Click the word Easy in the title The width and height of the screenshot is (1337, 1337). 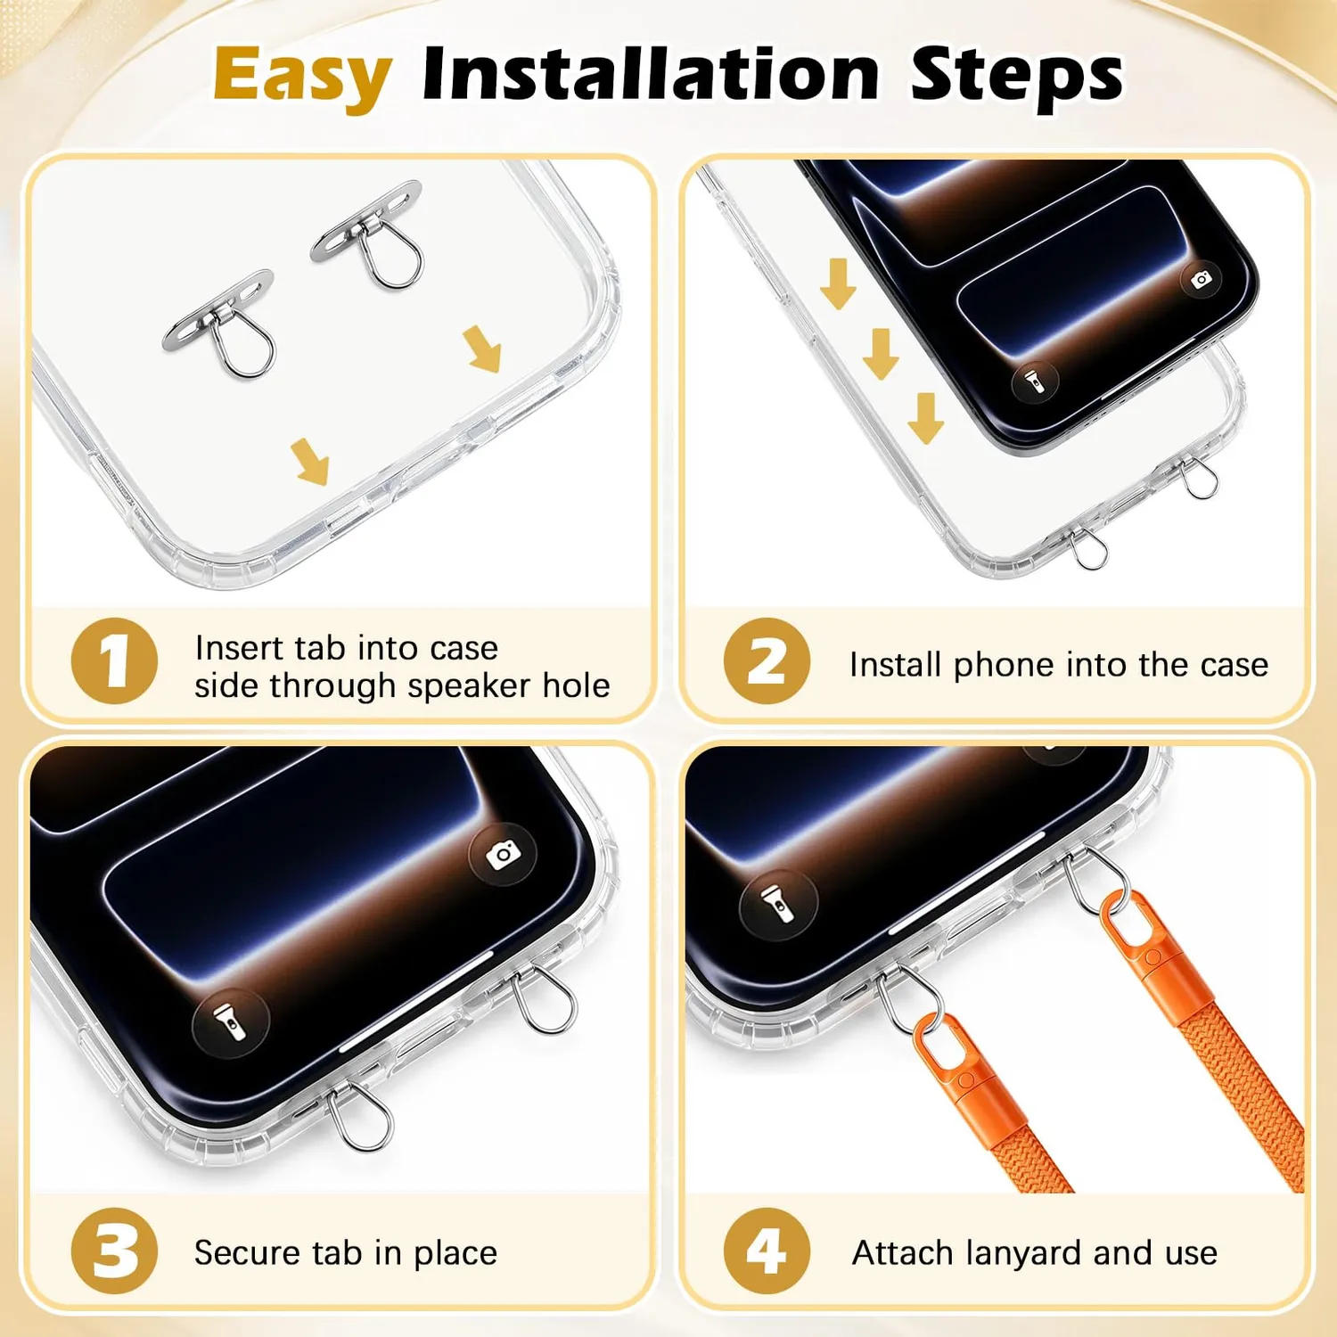302,77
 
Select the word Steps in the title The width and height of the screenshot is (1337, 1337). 1017,77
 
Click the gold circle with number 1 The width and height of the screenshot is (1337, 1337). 114,660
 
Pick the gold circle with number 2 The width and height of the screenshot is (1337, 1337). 767,660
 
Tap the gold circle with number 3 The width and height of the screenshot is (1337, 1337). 114,1251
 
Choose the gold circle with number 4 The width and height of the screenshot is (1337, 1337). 767,1251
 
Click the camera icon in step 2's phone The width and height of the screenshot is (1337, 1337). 1202,280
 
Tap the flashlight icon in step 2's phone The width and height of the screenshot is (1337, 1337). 1035,381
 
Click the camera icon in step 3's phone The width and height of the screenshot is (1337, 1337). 504,854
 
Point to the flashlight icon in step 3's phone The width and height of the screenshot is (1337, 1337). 231,1022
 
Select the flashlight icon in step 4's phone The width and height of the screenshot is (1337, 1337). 779,904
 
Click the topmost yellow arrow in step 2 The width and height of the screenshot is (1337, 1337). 839,283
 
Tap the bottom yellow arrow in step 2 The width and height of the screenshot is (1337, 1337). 926,418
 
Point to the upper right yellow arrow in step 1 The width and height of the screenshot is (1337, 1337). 482,349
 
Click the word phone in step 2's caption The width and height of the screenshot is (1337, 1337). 1004,666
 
